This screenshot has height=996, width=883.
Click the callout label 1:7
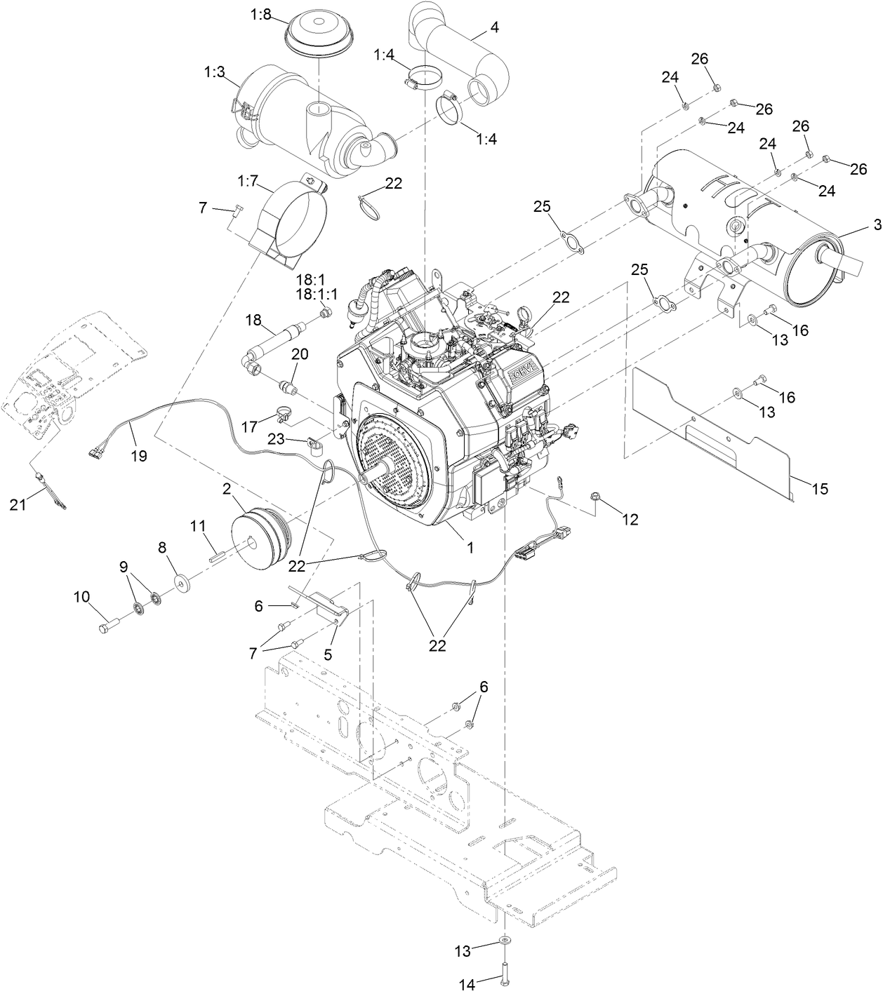click(248, 182)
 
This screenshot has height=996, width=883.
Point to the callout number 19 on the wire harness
click(138, 456)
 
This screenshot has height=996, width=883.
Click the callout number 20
click(300, 355)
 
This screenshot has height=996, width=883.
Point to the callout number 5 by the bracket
click(328, 654)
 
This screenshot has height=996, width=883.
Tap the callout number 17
click(249, 426)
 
